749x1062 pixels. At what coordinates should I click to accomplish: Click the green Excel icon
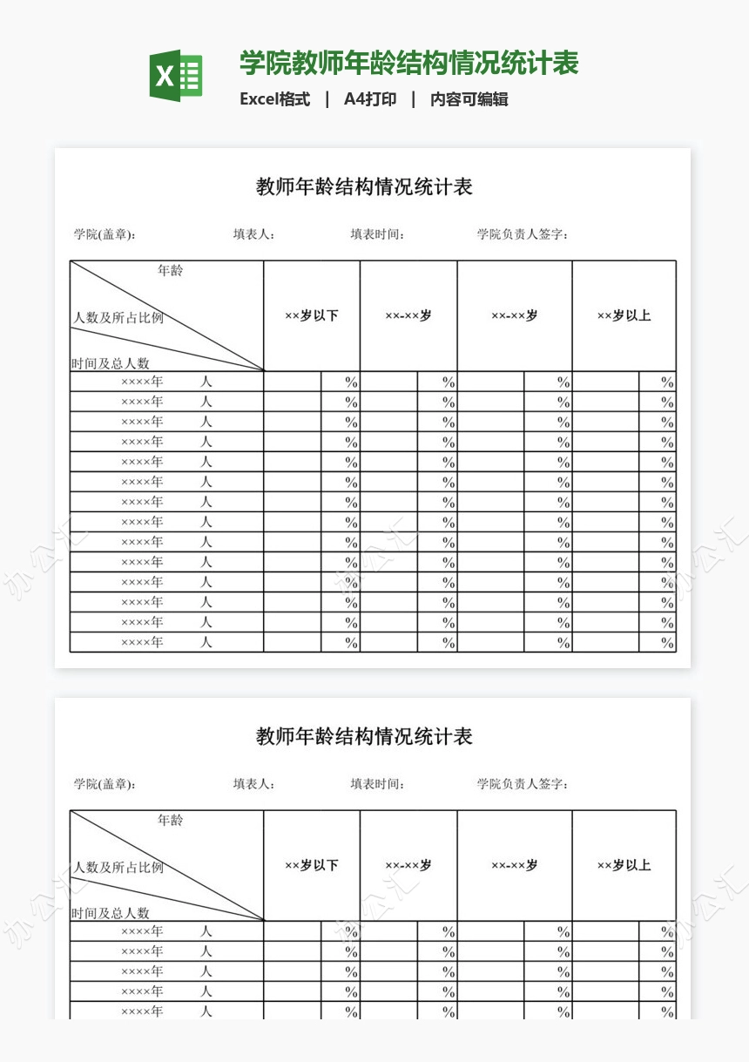pyautogui.click(x=176, y=76)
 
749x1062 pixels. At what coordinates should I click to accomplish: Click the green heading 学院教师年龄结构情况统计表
pyautogui.click(x=409, y=64)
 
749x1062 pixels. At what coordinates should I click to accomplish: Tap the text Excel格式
pyautogui.click(x=275, y=99)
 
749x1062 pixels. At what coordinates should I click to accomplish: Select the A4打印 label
pyautogui.click(x=370, y=99)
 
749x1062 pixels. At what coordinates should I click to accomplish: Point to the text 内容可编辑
pyautogui.click(x=469, y=99)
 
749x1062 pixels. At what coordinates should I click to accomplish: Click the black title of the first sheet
pyautogui.click(x=364, y=186)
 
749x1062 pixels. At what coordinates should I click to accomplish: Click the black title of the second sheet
pyautogui.click(x=364, y=736)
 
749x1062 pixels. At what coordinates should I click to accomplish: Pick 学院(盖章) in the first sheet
pyautogui.click(x=105, y=234)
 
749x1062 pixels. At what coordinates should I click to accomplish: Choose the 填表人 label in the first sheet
pyautogui.click(x=254, y=234)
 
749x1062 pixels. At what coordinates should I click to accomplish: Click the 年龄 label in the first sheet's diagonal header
pyautogui.click(x=171, y=271)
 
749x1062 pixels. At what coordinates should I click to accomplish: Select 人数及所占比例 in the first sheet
pyautogui.click(x=118, y=318)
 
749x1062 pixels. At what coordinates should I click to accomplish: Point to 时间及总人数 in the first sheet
pyautogui.click(x=111, y=363)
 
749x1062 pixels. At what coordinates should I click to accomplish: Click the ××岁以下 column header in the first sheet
pyautogui.click(x=312, y=316)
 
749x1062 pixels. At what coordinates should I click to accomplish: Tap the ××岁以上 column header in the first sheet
pyautogui.click(x=624, y=316)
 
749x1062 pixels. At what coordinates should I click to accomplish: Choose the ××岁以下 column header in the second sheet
pyautogui.click(x=312, y=866)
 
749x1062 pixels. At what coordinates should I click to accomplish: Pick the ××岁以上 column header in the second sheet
pyautogui.click(x=624, y=866)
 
